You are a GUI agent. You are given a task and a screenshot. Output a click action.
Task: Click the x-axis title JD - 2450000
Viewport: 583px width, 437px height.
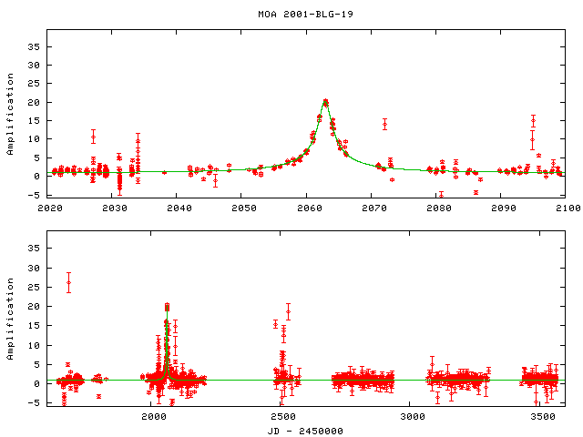click(x=305, y=430)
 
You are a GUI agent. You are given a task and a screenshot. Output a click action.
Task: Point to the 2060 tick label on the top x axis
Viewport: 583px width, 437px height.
click(x=307, y=208)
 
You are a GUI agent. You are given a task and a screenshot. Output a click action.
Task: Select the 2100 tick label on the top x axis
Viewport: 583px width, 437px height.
click(x=565, y=208)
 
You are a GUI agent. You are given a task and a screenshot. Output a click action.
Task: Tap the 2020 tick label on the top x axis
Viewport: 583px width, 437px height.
click(x=50, y=208)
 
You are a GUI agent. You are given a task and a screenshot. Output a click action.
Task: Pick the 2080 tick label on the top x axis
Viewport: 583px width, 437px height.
click(x=436, y=208)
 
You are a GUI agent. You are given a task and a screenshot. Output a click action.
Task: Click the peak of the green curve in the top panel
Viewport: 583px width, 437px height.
click(x=325, y=100)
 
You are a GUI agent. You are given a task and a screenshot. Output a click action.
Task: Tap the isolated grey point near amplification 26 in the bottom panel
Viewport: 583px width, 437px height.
click(x=68, y=283)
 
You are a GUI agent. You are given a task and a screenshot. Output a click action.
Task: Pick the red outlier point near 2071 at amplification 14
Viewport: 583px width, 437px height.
click(x=384, y=124)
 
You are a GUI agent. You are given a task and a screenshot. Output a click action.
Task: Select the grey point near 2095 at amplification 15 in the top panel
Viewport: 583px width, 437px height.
click(x=533, y=121)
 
